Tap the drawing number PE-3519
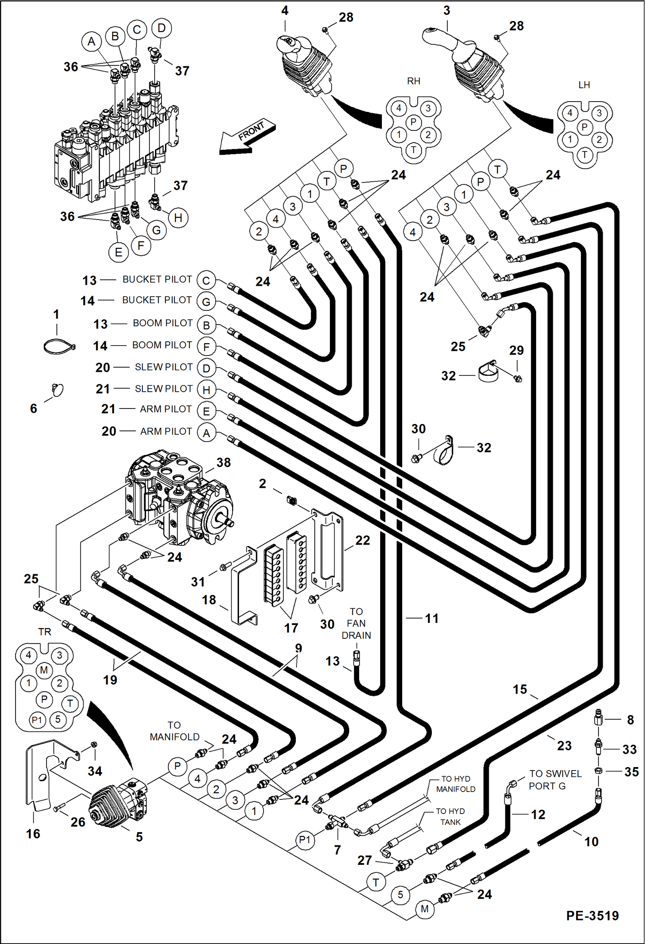click(x=592, y=916)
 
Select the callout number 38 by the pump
click(x=223, y=463)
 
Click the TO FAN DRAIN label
click(x=356, y=623)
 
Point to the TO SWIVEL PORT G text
click(x=555, y=780)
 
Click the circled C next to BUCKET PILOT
click(x=206, y=281)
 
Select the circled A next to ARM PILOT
click(x=206, y=433)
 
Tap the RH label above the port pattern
click(x=413, y=81)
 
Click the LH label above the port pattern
click(x=584, y=85)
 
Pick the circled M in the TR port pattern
click(x=44, y=670)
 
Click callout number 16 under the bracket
click(x=33, y=834)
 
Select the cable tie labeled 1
click(x=59, y=346)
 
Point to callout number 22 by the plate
click(x=363, y=540)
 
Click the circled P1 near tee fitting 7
click(x=304, y=840)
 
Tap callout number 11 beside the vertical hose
click(x=431, y=619)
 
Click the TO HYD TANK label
click(x=450, y=817)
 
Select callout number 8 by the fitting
click(x=630, y=720)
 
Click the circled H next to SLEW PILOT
click(x=206, y=390)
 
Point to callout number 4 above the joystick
click(x=285, y=11)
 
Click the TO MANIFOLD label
click(x=174, y=731)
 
